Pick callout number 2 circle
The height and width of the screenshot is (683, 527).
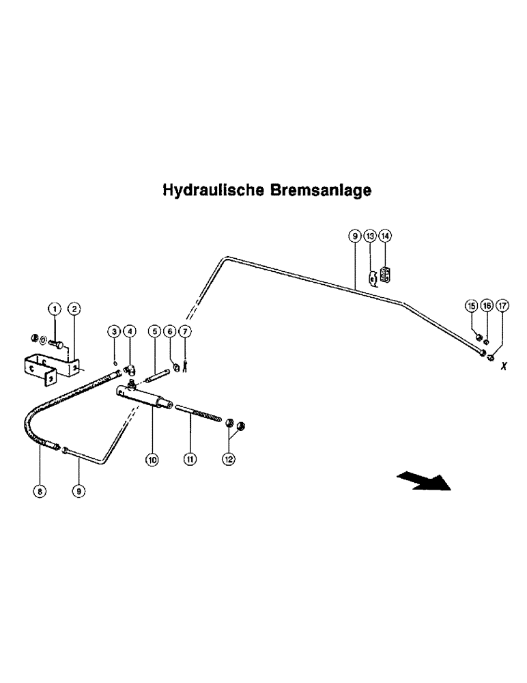tap(74, 309)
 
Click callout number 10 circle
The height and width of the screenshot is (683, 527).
tap(152, 460)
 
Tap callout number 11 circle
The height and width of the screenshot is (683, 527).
tap(190, 460)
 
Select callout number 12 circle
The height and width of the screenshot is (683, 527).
tap(229, 460)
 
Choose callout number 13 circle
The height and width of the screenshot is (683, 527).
tap(369, 236)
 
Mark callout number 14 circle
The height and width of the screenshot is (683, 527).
tap(386, 236)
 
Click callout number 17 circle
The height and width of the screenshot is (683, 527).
tap(502, 305)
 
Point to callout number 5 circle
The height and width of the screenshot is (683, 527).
tap(155, 331)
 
